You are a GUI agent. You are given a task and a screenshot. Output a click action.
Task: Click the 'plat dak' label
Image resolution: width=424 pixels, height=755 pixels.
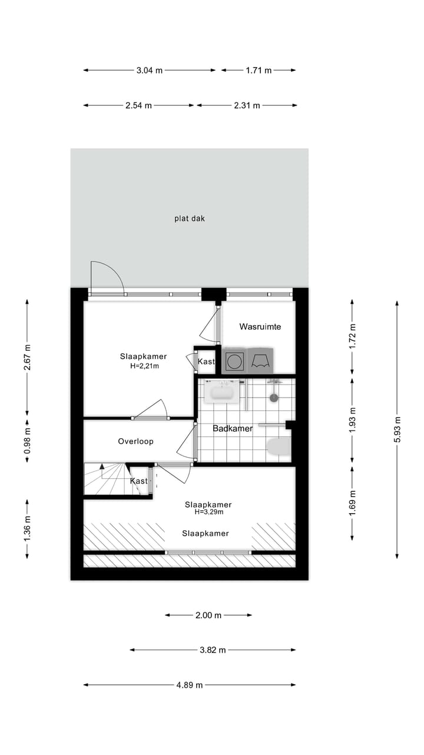click(190, 218)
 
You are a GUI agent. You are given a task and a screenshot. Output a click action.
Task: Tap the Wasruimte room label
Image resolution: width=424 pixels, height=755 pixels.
click(260, 327)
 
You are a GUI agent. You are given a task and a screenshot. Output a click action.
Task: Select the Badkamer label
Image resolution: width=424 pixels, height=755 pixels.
click(233, 429)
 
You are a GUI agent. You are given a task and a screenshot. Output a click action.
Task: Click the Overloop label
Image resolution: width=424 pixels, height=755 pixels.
click(135, 441)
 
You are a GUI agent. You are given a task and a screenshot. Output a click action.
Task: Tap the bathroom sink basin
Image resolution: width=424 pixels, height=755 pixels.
click(223, 393)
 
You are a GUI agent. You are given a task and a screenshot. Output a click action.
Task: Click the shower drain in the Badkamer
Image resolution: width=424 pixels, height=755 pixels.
click(274, 398)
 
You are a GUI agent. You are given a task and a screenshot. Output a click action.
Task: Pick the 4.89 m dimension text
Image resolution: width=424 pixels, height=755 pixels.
click(190, 685)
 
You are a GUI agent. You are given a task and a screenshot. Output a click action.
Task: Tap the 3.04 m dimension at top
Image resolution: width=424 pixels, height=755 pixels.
click(149, 70)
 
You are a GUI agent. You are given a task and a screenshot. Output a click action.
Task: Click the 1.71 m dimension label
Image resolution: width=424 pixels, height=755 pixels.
click(259, 70)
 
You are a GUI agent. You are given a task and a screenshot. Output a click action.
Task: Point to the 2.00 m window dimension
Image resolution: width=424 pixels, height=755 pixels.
click(208, 615)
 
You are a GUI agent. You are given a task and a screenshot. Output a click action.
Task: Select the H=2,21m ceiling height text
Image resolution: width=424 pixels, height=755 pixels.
click(144, 366)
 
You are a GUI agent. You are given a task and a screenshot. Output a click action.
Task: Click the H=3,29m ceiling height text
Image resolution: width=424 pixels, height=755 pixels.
click(208, 513)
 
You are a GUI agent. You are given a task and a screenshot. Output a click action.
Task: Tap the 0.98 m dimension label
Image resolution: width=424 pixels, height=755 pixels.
click(27, 441)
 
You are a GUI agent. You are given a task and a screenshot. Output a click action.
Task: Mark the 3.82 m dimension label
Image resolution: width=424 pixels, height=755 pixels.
click(213, 650)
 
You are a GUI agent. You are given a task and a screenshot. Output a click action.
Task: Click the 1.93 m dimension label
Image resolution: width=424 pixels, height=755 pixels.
click(353, 419)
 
